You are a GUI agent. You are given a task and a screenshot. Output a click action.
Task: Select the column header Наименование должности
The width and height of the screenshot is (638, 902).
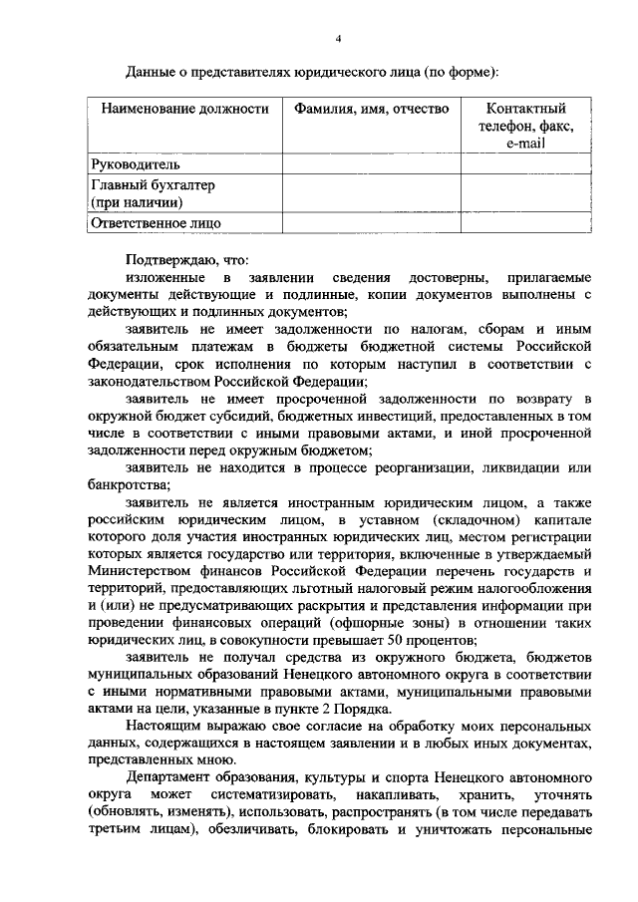(178, 109)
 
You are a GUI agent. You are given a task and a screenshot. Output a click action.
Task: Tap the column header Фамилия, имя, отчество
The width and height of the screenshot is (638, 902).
(371, 109)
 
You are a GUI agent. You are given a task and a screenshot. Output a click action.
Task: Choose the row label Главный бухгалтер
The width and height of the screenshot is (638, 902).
(154, 185)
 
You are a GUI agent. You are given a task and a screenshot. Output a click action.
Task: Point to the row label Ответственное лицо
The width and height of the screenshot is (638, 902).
(156, 223)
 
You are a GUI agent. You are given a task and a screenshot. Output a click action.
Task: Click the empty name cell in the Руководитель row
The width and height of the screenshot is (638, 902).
(371, 164)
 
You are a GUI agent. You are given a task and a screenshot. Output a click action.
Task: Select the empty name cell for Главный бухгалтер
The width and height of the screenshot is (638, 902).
(371, 193)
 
